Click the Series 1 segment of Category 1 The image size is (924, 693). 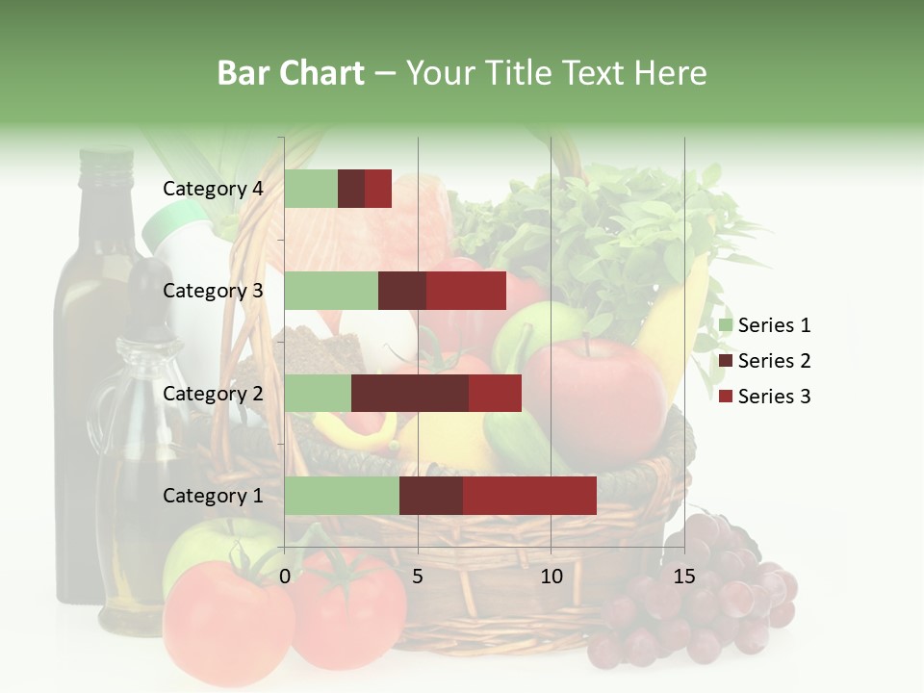tap(342, 496)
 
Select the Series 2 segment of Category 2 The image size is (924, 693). tap(410, 393)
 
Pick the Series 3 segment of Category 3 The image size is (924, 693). tap(466, 291)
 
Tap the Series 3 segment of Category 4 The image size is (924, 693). tap(378, 189)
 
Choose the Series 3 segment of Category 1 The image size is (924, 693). tap(529, 496)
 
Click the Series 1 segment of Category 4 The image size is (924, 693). tap(311, 189)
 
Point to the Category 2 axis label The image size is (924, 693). tap(213, 393)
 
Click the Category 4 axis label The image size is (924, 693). tap(213, 189)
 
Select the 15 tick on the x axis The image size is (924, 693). tap(684, 577)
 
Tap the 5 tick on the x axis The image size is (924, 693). tap(418, 577)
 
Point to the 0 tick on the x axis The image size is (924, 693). tap(285, 577)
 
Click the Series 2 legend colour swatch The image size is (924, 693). tap(725, 361)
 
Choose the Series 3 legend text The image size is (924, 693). tap(774, 397)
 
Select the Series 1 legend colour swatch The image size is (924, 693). tap(725, 325)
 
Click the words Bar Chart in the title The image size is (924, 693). tap(291, 72)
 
